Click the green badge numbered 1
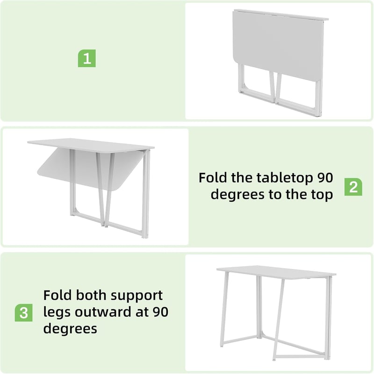(86, 58)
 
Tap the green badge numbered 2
(353, 187)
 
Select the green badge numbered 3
(24, 312)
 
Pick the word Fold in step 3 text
(57, 295)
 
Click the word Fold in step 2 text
(213, 178)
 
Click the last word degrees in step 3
(70, 329)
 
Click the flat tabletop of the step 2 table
(91, 144)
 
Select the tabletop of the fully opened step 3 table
(276, 271)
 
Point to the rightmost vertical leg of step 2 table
(146, 194)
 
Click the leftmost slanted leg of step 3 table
(224, 309)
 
